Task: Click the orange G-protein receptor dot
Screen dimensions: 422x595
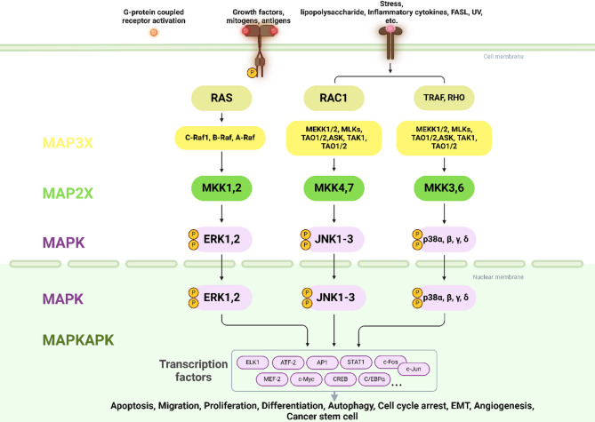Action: (x=153, y=33)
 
